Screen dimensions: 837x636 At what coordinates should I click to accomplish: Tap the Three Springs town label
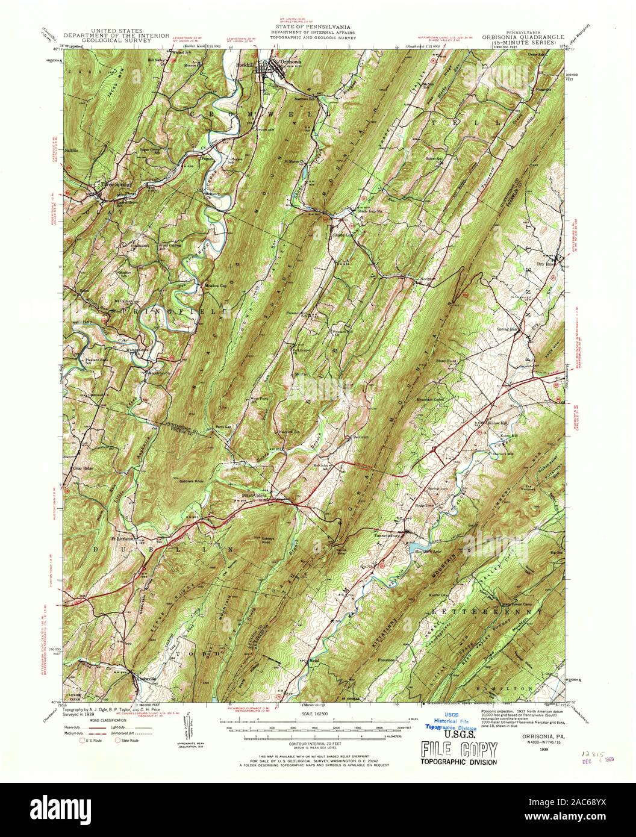click(x=115, y=185)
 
